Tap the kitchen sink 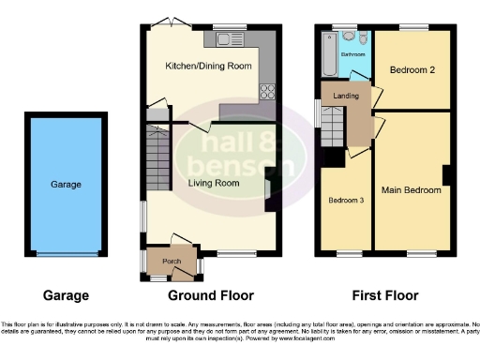pos(228,39)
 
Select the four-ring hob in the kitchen pos(267,92)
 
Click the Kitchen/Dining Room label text pos(209,66)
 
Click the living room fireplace pos(268,185)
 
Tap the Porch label pos(172,261)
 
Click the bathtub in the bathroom pos(326,55)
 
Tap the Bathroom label pos(352,55)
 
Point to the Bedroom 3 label pos(344,200)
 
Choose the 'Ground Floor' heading pos(211,296)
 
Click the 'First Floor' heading pos(385,296)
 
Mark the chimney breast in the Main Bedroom pos(447,175)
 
